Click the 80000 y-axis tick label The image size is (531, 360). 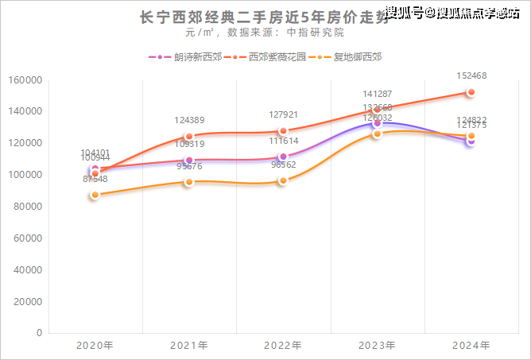coord(25,207)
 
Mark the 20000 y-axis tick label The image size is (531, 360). coord(25,301)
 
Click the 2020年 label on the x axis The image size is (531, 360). coord(95,346)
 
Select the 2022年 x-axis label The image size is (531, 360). coord(283,346)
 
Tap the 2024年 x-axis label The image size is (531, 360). coord(471,346)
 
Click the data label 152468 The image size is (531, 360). coord(471,76)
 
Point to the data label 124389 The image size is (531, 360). coord(189,120)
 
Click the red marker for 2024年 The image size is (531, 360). coord(471,92)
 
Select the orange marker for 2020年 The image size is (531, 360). coord(95,195)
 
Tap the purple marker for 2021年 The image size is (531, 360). coord(189,160)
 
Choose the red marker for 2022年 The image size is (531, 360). coord(283,131)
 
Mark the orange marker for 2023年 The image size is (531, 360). coord(377,134)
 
